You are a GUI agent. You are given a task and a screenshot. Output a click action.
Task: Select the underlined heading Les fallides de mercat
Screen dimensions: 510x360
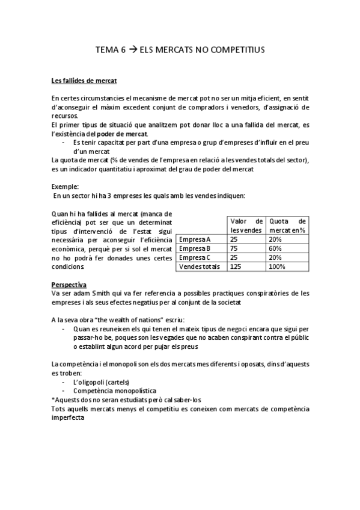coord(84,81)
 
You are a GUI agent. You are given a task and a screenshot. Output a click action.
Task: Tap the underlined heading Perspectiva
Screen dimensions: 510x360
coord(69,284)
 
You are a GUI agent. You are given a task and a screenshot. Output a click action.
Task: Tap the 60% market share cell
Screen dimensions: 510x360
coord(276,248)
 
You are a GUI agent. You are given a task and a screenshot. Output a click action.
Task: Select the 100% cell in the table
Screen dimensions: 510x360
coord(278,266)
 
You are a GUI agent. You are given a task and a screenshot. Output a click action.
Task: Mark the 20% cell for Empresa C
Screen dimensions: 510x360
coord(276,257)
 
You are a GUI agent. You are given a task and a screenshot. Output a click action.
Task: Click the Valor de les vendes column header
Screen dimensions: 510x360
coord(247,226)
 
